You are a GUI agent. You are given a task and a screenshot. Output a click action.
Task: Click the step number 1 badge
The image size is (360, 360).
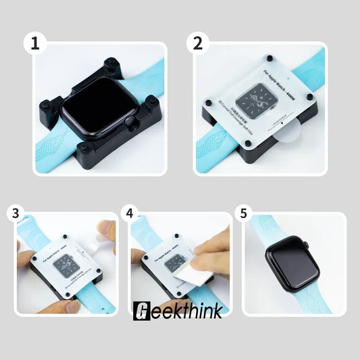tap(34, 44)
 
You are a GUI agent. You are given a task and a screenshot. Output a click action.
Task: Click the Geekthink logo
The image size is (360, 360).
tap(174, 310)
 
